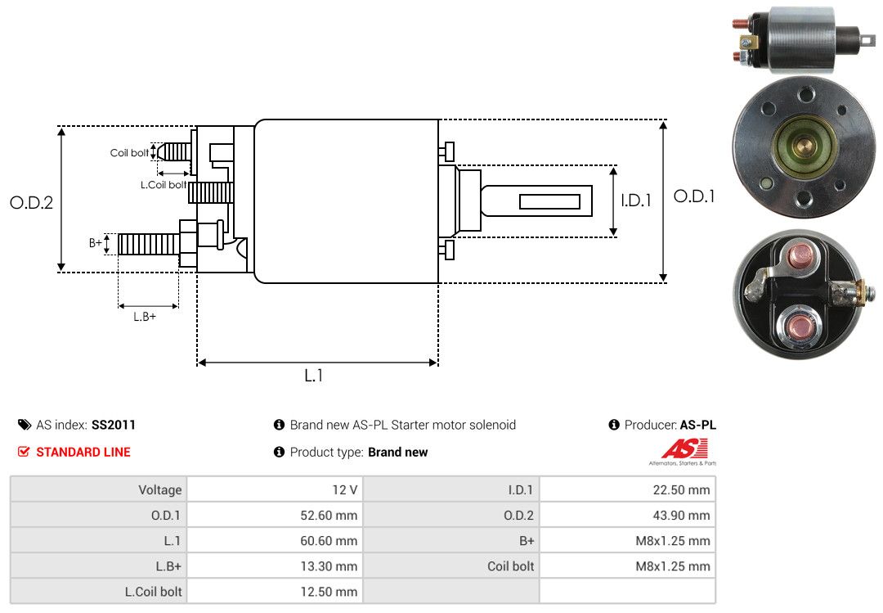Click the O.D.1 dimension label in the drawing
point(694,196)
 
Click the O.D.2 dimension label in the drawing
point(31,203)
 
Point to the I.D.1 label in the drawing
point(635,200)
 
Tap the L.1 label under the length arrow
point(314,376)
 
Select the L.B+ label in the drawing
point(145,317)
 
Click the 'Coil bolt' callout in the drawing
point(129,153)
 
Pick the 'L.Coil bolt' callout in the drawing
point(162,185)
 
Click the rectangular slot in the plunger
point(549,201)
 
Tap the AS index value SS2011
point(114,425)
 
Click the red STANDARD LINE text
point(83,452)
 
